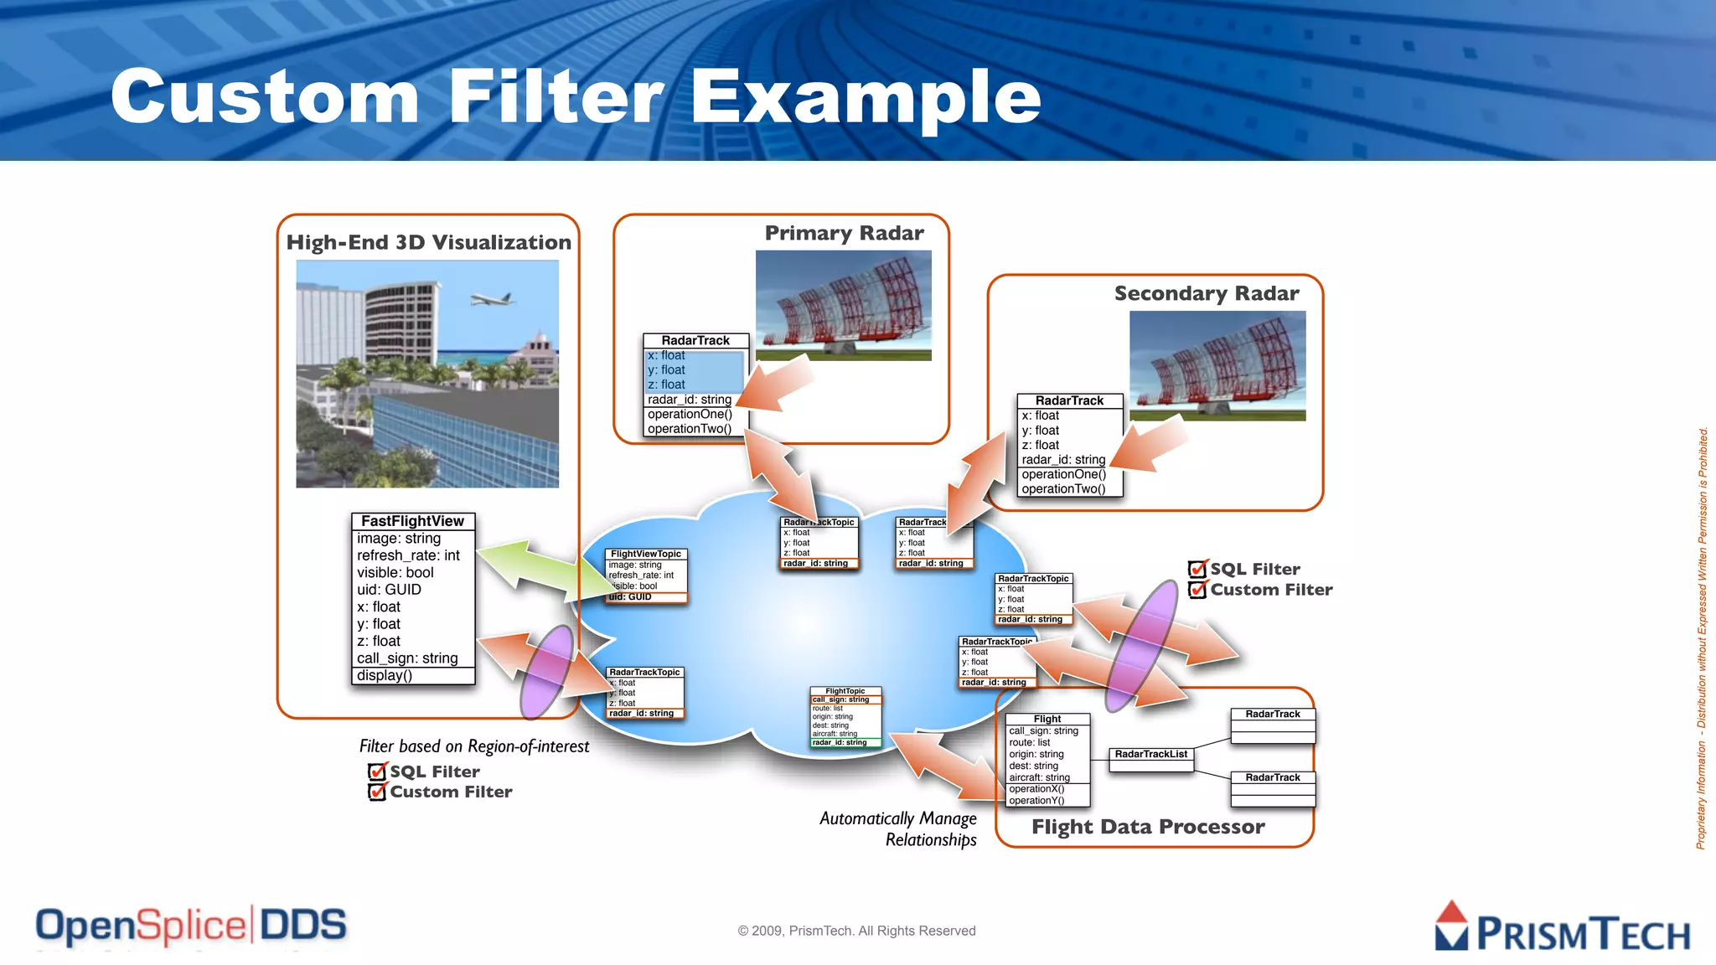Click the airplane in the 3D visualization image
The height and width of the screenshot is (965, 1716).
[493, 299]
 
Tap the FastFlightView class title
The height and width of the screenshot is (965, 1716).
[412, 521]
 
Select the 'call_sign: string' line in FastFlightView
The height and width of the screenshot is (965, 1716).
[407, 658]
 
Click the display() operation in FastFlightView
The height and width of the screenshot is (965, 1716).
[385, 675]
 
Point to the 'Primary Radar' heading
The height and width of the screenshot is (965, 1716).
[844, 233]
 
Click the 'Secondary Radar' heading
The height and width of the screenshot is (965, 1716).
[1207, 293]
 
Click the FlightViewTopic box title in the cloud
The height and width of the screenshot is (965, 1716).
[646, 554]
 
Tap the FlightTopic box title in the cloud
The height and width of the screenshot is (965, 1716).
[845, 691]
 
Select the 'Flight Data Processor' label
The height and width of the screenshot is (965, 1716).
[1148, 827]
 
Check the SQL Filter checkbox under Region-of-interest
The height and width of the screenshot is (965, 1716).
[378, 771]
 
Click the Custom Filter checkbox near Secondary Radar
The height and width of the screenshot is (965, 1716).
[1198, 590]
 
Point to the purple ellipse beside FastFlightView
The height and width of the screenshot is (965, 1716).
[546, 672]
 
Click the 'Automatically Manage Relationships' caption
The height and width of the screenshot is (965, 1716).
[898, 828]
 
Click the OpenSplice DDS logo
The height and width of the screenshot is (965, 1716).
[191, 926]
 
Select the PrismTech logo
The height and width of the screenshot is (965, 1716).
[1562, 928]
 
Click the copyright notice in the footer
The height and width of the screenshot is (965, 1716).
[856, 931]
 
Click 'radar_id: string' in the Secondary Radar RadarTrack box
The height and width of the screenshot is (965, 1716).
[1063, 460]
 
